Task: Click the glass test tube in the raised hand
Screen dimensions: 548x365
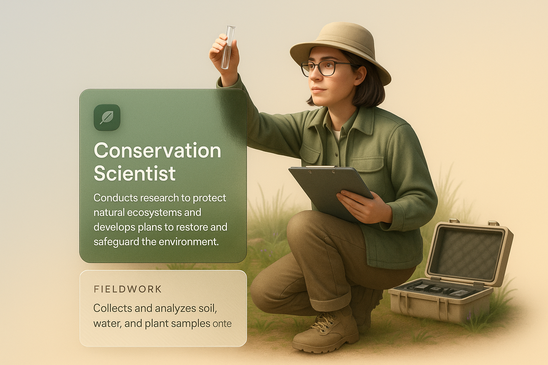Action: pyautogui.click(x=228, y=47)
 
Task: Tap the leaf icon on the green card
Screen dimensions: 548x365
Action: pyautogui.click(x=107, y=117)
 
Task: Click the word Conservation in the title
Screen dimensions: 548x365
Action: pyautogui.click(x=157, y=150)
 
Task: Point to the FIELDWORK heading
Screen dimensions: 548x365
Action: pyautogui.click(x=128, y=289)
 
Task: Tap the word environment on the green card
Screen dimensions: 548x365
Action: pyautogui.click(x=188, y=242)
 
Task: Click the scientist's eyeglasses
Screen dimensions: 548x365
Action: pyautogui.click(x=325, y=68)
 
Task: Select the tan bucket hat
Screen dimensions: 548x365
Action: pyautogui.click(x=340, y=49)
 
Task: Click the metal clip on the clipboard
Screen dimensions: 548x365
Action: pyautogui.click(x=320, y=167)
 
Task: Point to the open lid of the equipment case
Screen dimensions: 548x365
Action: pyautogui.click(x=468, y=253)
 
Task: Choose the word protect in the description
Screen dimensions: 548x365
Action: pyautogui.click(x=209, y=198)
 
